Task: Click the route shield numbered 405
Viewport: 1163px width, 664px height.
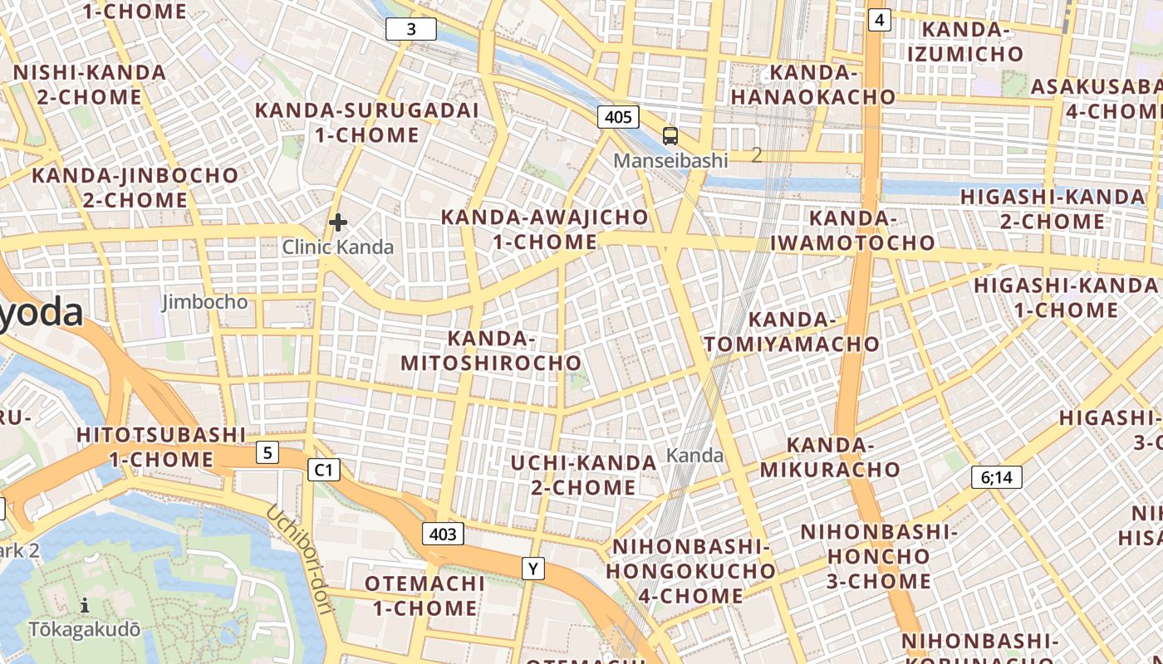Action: point(618,117)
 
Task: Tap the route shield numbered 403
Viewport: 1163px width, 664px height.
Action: point(443,534)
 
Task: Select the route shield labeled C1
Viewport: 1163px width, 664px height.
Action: point(324,471)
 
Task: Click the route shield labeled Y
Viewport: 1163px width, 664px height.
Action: point(533,569)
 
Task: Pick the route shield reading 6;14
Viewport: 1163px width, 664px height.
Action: point(996,477)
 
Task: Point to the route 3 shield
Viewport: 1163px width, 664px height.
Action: point(411,30)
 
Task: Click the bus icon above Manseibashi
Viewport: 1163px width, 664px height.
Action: point(670,136)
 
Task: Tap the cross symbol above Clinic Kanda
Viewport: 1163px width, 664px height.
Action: point(337,222)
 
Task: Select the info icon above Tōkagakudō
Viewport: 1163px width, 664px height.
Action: point(85,605)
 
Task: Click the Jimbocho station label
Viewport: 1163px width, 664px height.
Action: point(204,301)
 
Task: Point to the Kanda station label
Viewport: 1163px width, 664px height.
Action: point(694,456)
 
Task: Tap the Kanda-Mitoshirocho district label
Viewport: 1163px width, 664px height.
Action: point(491,350)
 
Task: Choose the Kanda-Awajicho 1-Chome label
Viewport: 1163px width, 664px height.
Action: point(544,229)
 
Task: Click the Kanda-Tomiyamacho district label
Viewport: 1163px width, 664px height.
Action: point(792,331)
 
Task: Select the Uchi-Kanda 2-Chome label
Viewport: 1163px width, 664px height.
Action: point(583,475)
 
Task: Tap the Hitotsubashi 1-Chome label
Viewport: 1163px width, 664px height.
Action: point(161,447)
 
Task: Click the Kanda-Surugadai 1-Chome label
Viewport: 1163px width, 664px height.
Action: point(366,122)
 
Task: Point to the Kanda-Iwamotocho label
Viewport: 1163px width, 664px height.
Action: point(852,230)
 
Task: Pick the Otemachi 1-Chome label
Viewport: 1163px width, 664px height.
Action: point(424,595)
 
